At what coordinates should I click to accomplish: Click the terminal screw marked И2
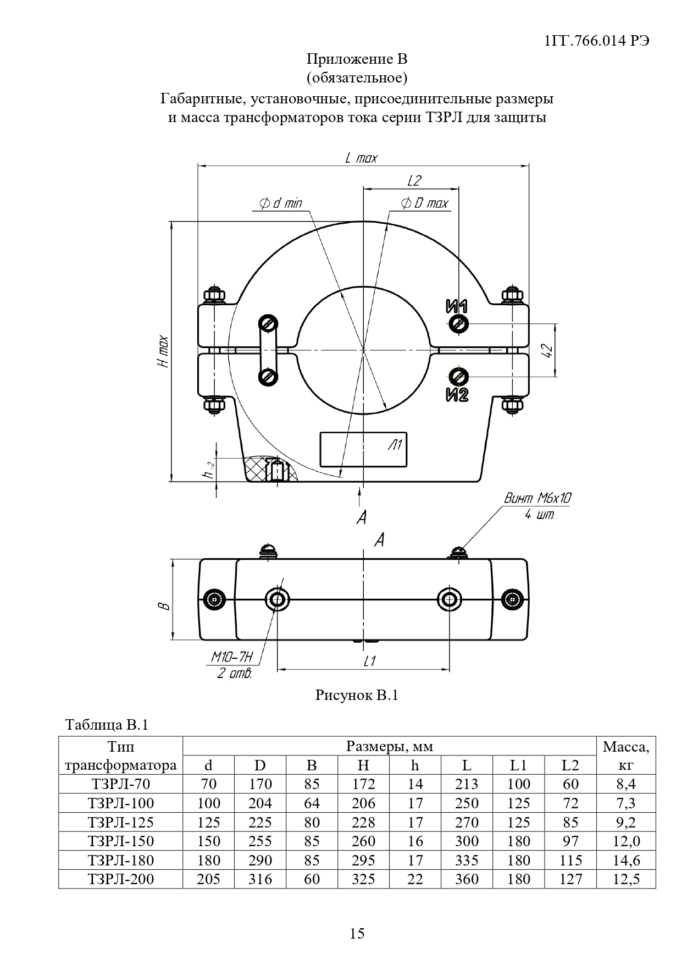[x=458, y=377]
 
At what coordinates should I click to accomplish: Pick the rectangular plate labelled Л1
[x=364, y=449]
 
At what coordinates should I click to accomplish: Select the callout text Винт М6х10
[x=537, y=499]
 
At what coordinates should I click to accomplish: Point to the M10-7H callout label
[x=232, y=657]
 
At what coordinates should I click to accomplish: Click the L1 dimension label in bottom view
[x=369, y=661]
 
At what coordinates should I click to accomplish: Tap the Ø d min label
[x=280, y=203]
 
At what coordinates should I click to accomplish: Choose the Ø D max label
[x=424, y=203]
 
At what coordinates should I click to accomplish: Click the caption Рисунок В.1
[x=356, y=695]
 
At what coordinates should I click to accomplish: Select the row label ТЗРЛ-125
[x=120, y=822]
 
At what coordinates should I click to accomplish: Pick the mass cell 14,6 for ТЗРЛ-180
[x=626, y=860]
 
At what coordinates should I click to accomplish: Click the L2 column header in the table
[x=570, y=765]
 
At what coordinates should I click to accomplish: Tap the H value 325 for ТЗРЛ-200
[x=363, y=879]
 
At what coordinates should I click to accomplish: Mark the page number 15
[x=357, y=933]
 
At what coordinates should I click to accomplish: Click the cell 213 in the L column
[x=467, y=784]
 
